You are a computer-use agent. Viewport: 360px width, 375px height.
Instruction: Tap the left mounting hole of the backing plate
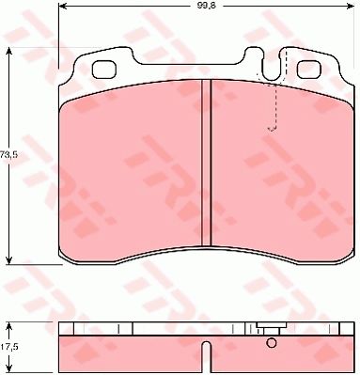pyautogui.click(x=104, y=70)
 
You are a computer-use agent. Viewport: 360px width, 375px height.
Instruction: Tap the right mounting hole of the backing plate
pyautogui.click(x=309, y=70)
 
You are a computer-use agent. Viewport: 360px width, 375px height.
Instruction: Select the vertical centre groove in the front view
pyautogui.click(x=206, y=163)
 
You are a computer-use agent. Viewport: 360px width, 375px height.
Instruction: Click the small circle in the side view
pyautogui.click(x=272, y=343)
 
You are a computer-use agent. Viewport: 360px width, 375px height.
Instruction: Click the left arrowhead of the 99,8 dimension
pyautogui.click(x=63, y=6)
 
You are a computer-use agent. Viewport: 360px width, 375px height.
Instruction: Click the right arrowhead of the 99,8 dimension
pyautogui.click(x=350, y=6)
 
